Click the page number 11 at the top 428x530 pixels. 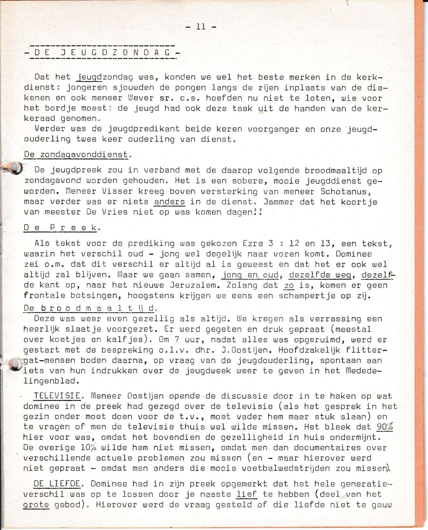click(201, 27)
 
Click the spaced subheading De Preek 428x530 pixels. click(60, 228)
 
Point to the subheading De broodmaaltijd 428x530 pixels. click(89, 308)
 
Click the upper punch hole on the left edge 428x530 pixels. click(16, 168)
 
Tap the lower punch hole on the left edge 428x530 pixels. click(16, 364)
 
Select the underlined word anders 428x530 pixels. click(169, 202)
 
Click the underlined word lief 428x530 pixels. click(247, 494)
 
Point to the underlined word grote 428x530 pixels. click(36, 505)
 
